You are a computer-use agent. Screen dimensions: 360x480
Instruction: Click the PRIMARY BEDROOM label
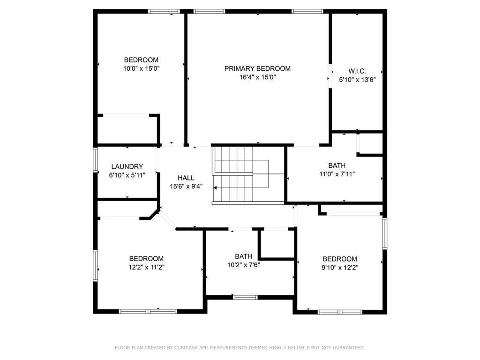coord(257,68)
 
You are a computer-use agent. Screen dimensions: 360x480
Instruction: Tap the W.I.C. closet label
coord(357,71)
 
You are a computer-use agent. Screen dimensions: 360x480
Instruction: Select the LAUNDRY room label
coord(127,166)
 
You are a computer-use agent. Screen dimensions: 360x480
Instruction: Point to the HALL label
coord(186,178)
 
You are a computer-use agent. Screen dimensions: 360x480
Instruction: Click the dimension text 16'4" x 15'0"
coord(257,77)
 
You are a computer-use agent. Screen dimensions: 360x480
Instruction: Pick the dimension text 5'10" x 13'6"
coord(357,80)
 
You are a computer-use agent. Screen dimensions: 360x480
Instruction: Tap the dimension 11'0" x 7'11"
coord(337,174)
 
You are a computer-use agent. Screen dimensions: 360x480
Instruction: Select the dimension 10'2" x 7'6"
coord(243,264)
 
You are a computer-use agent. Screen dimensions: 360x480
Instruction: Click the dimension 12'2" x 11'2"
coord(146,267)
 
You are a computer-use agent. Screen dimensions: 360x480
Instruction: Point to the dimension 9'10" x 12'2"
coord(340,267)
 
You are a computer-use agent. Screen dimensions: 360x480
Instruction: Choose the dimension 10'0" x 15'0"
coord(141,68)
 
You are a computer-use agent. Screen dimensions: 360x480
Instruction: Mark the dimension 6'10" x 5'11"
coord(127,175)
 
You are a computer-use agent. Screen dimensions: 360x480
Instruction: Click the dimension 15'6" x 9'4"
coord(186,186)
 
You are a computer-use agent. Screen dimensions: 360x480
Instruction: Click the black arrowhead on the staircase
coord(215,187)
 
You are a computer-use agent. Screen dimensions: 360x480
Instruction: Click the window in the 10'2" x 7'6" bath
coord(245,297)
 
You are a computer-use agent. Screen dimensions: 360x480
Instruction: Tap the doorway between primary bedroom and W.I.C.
coord(330,75)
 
